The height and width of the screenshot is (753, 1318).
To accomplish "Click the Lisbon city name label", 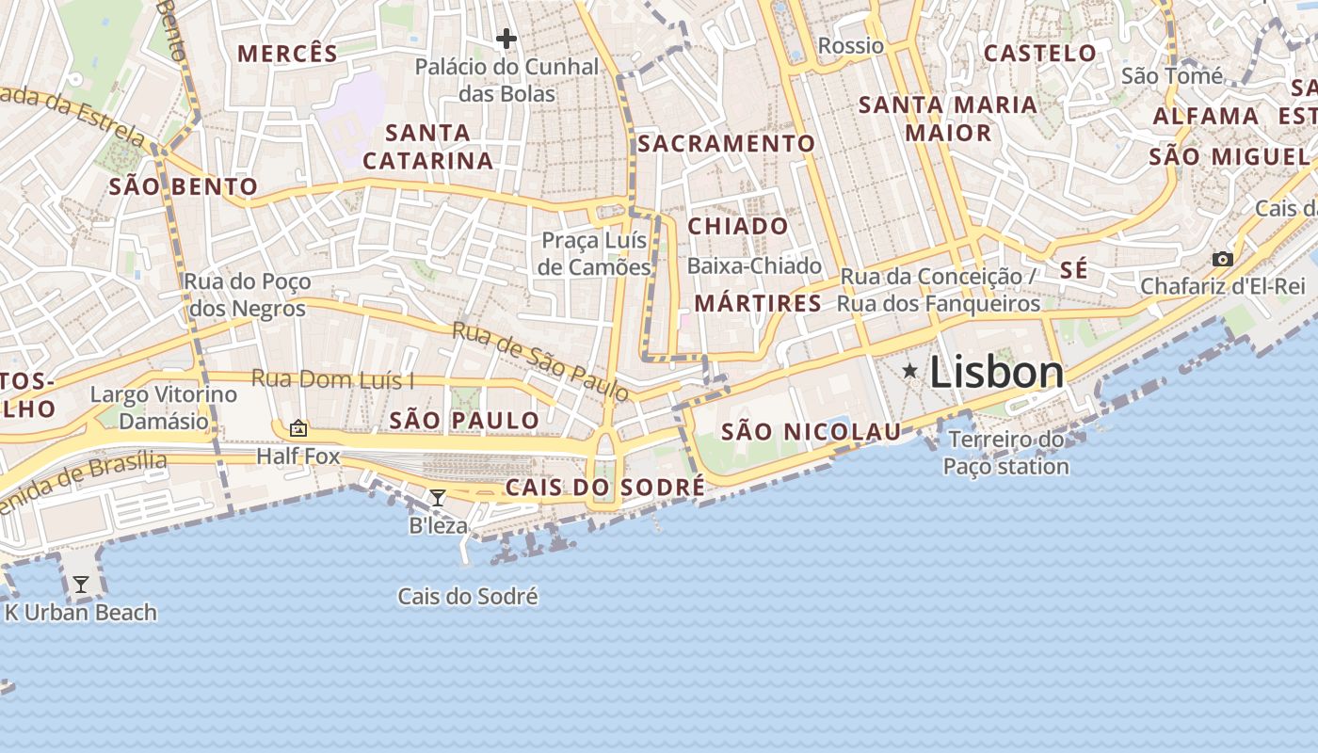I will pyautogui.click(x=996, y=373).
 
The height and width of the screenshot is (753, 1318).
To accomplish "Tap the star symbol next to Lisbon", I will pyautogui.click(x=909, y=371).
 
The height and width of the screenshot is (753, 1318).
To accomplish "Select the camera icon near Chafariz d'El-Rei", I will pyautogui.click(x=1222, y=259).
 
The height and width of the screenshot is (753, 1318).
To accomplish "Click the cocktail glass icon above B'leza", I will pyautogui.click(x=438, y=498).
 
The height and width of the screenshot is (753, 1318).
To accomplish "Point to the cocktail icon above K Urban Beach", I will pyautogui.click(x=81, y=585).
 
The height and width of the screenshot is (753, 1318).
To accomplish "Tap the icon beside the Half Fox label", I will pyautogui.click(x=298, y=428).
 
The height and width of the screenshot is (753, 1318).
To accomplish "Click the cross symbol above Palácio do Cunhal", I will pyautogui.click(x=506, y=39).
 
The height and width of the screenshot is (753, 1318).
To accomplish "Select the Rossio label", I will pyautogui.click(x=851, y=45).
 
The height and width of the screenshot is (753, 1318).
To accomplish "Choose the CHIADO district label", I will pyautogui.click(x=738, y=226).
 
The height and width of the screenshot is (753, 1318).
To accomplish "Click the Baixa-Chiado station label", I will pyautogui.click(x=754, y=266).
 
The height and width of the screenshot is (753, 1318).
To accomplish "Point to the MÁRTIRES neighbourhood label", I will pyautogui.click(x=758, y=303).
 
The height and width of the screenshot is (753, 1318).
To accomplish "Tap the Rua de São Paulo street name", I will pyautogui.click(x=539, y=361).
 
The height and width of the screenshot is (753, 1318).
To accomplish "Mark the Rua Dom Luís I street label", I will pyautogui.click(x=332, y=379).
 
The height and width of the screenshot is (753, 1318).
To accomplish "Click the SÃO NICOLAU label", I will pyautogui.click(x=811, y=432).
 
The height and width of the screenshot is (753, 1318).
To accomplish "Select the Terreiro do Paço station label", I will pyautogui.click(x=1006, y=453).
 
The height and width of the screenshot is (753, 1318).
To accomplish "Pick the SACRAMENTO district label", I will pyautogui.click(x=726, y=143).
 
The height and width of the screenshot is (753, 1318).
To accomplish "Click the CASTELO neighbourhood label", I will pyautogui.click(x=1040, y=53).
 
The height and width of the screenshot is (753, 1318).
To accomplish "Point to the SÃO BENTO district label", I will pyautogui.click(x=184, y=186).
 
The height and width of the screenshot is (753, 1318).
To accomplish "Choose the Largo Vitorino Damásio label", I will pyautogui.click(x=164, y=407).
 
